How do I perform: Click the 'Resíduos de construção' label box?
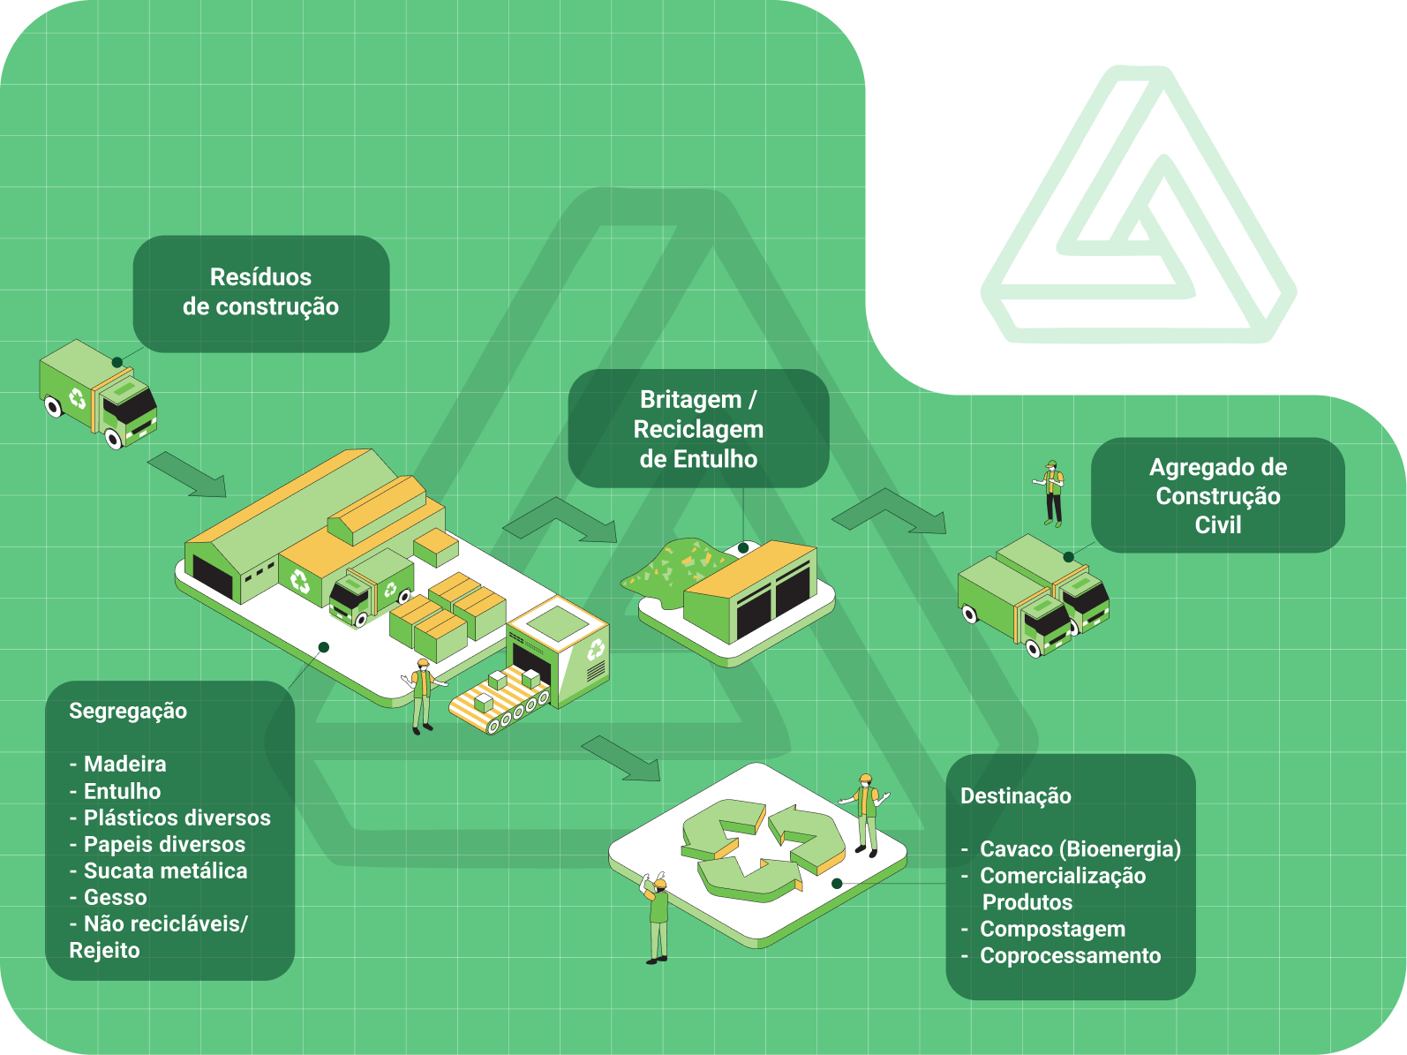point(260,292)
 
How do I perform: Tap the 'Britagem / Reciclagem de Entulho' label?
point(698,429)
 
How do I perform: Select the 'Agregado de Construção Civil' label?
point(1217,495)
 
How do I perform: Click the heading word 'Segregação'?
point(128,711)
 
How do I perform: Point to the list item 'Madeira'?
point(124,764)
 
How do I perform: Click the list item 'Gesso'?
point(115,897)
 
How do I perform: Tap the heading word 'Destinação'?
point(1015,795)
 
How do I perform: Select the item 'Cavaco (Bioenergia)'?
point(1080,848)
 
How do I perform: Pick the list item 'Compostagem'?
point(1052,929)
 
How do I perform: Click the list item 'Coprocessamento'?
point(1070,955)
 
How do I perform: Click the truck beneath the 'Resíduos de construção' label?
point(98,394)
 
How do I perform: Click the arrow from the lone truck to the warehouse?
point(188,475)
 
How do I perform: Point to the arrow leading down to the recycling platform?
point(621,758)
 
